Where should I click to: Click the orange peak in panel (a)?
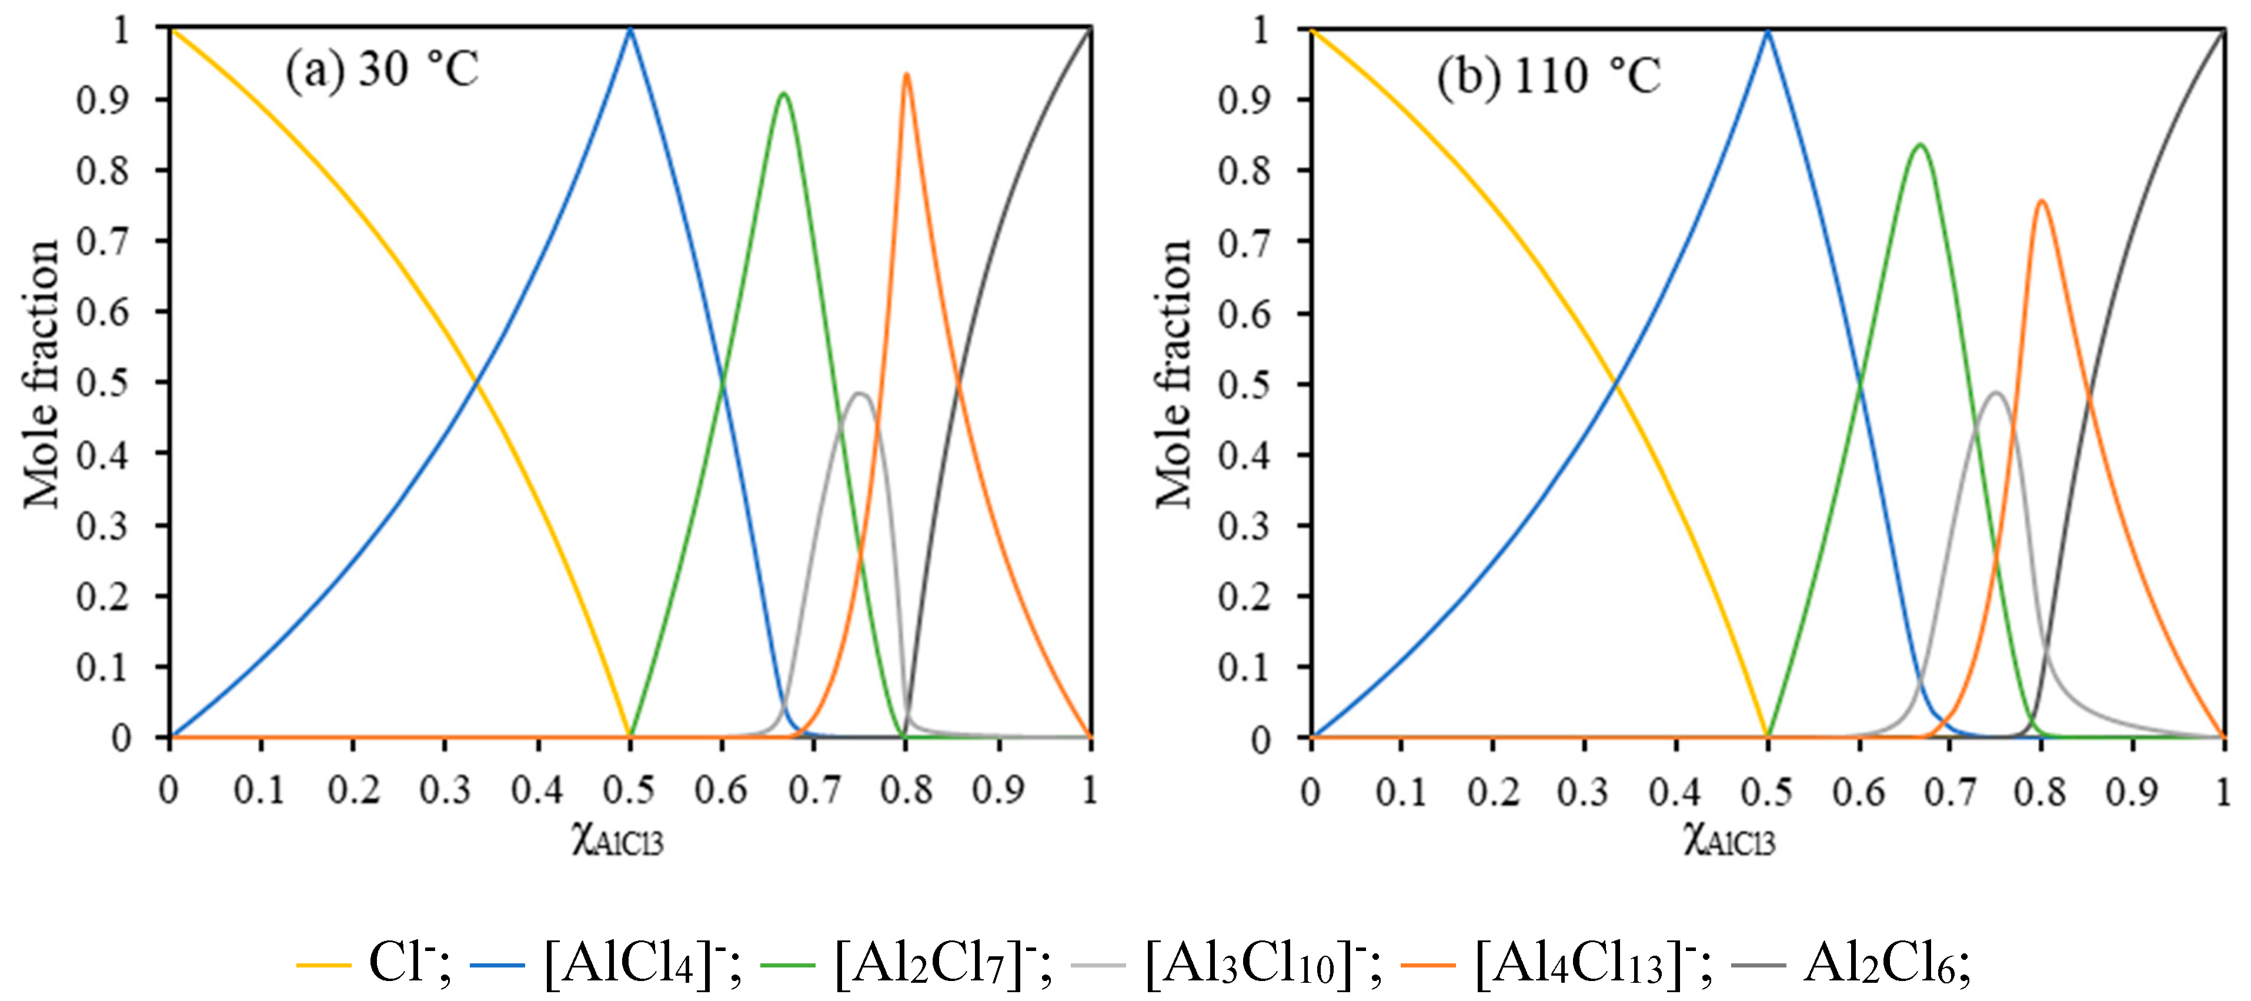coord(906,75)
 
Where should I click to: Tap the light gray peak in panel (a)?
coord(861,394)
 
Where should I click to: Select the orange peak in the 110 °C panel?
coord(2041,202)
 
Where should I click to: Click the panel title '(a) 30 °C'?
coord(382,69)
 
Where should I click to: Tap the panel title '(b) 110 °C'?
coord(1548,76)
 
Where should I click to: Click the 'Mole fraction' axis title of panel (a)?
coord(42,374)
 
